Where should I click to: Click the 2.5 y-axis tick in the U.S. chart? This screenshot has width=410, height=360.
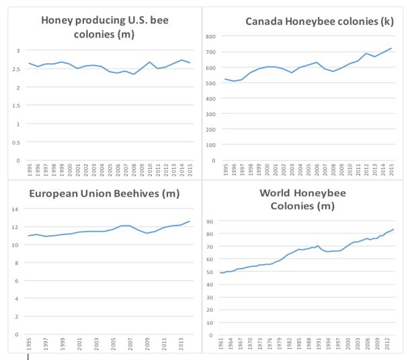pos(17,69)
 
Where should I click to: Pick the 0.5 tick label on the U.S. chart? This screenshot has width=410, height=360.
pos(17,142)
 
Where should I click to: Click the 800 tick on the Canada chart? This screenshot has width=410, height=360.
pos(210,36)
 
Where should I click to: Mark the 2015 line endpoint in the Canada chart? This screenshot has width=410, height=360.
pos(391,48)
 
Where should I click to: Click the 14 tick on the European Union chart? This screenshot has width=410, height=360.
pos(16,209)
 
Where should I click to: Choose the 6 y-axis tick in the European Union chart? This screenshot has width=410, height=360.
pos(17,281)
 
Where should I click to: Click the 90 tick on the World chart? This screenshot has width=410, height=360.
pos(210,222)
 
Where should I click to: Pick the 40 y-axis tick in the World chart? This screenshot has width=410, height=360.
pos(210,284)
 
